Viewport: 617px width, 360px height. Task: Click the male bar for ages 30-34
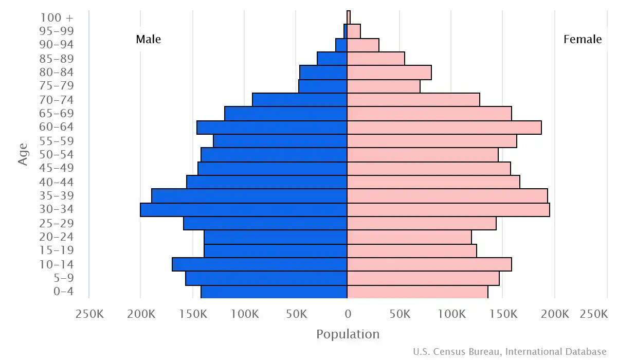point(244,210)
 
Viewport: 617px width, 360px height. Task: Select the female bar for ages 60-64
point(444,128)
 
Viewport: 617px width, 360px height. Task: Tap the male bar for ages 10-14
point(260,264)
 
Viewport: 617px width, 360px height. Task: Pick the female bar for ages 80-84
point(389,73)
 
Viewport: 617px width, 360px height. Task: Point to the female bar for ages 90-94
point(363,45)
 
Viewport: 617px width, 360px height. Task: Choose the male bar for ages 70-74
point(300,100)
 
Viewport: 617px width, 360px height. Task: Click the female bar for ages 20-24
point(409,237)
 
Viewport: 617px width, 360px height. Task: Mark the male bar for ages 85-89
point(332,59)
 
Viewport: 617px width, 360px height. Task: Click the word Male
point(149,40)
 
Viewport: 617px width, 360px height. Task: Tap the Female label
point(583,40)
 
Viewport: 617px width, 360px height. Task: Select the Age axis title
point(23,154)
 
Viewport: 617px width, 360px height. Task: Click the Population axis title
point(348,334)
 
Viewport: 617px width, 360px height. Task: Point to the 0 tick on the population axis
point(348,314)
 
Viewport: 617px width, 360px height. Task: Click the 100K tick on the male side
point(245,314)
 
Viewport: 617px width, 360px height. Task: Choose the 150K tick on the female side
point(503,314)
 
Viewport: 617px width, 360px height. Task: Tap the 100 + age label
point(57,17)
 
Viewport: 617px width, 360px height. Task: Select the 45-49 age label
point(57,168)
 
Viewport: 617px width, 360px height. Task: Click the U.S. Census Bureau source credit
point(510,352)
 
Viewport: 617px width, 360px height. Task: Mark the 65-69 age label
point(57,114)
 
